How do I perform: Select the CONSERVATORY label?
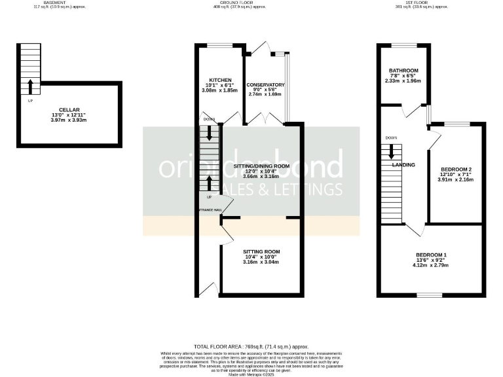coord(265,85)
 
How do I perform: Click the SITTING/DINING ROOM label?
coord(261,166)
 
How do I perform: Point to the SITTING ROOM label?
coord(261,251)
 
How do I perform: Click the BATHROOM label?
coord(403,70)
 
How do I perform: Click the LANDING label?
coord(403,165)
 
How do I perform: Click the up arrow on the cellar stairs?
coord(30,85)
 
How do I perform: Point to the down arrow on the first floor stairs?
coord(392,151)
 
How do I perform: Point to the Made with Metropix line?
coord(251,374)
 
